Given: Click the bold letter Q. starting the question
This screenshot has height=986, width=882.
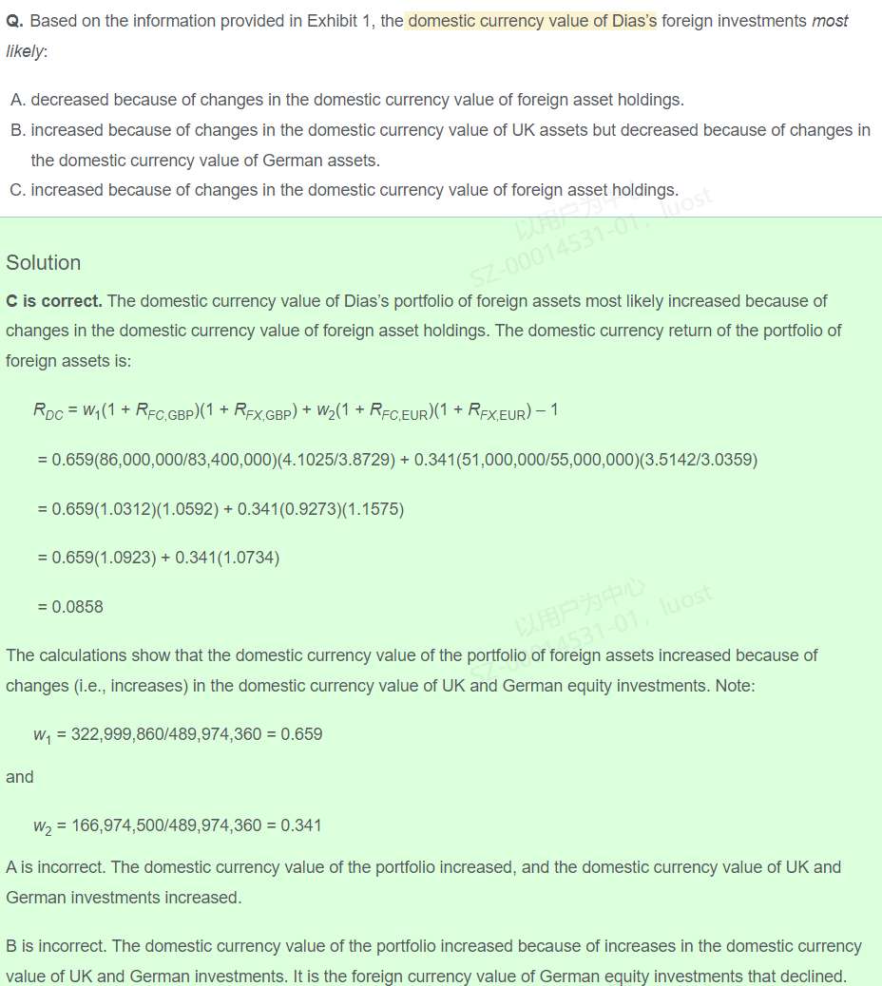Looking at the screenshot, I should click(x=14, y=21).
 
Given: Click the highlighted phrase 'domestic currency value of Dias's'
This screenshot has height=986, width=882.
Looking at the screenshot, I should click(x=532, y=21).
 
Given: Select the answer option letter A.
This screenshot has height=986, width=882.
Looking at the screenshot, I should click(x=17, y=100).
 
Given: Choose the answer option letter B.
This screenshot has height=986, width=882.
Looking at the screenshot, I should click(x=17, y=130).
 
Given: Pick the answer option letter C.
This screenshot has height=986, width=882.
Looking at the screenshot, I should click(x=17, y=190).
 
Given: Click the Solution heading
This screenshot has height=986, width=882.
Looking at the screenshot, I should click(x=44, y=263).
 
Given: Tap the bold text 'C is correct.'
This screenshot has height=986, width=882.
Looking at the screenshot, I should click(x=54, y=301).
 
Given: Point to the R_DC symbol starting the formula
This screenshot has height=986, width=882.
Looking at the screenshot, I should click(x=48, y=410).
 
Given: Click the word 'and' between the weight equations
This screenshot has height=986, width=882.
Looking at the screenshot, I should click(x=19, y=777).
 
